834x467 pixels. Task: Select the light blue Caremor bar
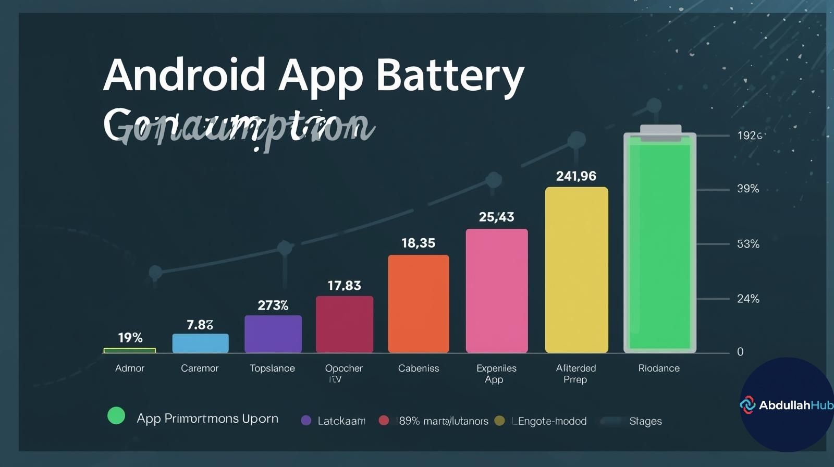200,343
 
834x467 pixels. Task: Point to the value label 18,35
418,243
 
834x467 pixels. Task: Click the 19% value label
130,338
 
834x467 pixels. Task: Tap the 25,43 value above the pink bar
496,217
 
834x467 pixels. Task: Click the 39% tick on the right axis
748,189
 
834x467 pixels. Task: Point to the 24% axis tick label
748,299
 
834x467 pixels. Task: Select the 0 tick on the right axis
740,352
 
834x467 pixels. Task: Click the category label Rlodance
659,368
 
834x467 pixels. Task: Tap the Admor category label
130,368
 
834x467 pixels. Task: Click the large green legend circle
116,416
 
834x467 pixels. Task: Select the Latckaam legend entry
341,421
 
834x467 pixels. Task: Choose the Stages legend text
645,421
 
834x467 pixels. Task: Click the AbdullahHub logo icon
747,405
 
